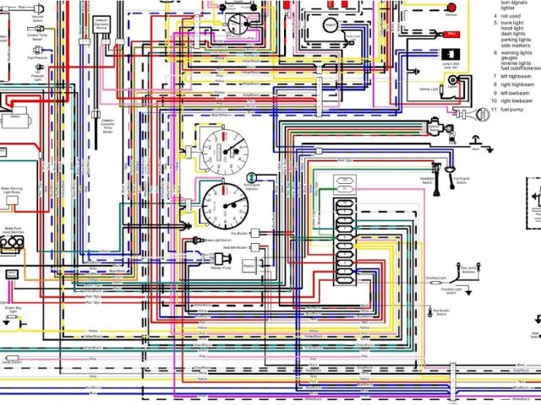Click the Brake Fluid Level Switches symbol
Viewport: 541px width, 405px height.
pyautogui.click(x=14, y=243)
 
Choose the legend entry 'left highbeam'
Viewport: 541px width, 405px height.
pyautogui.click(x=516, y=76)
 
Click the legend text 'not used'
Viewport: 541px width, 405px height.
pyautogui.click(x=511, y=15)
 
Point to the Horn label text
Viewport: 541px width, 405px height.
pyautogui.click(x=476, y=149)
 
